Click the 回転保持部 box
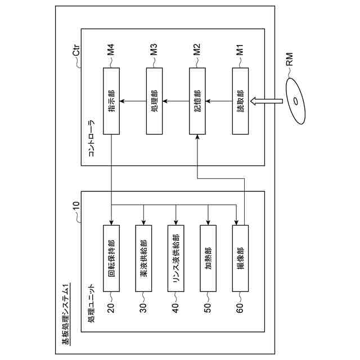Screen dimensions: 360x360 pyautogui.click(x=111, y=258)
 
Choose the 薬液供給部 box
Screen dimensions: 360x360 pyautogui.click(x=143, y=258)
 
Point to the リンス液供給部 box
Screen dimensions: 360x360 pyautogui.click(x=176, y=258)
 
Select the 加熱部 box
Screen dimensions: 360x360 pyautogui.click(x=208, y=258)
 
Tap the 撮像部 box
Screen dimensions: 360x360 pyautogui.click(x=240, y=258)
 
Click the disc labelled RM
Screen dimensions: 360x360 pyautogui.click(x=298, y=102)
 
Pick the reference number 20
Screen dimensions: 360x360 pyautogui.click(x=111, y=309)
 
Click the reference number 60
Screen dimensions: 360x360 pyautogui.click(x=240, y=309)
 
